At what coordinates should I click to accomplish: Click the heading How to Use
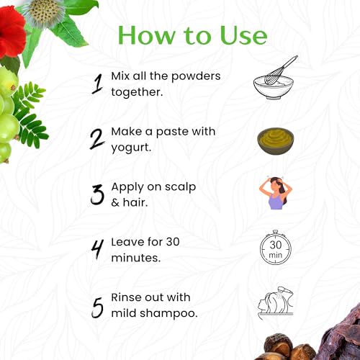(x=192, y=35)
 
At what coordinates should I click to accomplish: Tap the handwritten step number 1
(x=98, y=84)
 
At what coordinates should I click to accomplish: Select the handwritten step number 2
(x=96, y=139)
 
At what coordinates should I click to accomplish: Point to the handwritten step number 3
(x=97, y=194)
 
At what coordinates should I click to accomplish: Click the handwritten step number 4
(x=97, y=250)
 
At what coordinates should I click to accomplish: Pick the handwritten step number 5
(x=97, y=307)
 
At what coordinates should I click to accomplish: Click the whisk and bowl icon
(x=276, y=78)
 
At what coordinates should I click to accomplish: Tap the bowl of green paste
(x=276, y=140)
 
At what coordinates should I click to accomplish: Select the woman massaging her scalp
(x=276, y=193)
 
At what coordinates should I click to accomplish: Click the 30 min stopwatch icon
(x=275, y=248)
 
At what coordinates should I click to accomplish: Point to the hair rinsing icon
(x=276, y=302)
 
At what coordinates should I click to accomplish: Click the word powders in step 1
(x=196, y=77)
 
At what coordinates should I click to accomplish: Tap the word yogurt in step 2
(x=131, y=148)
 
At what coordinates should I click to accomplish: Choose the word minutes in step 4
(x=136, y=258)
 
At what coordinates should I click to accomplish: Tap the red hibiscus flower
(x=12, y=32)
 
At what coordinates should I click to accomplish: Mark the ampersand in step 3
(x=115, y=203)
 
